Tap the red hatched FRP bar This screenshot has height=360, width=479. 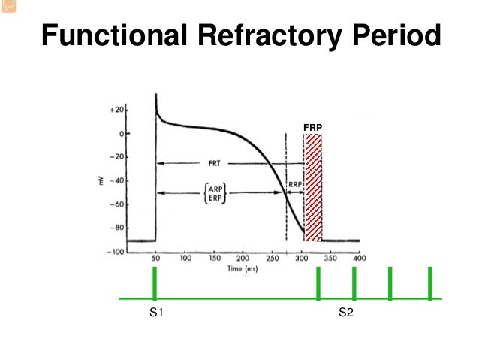tap(313, 188)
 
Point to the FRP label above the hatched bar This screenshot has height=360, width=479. tap(312, 128)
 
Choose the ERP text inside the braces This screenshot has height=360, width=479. tap(214, 198)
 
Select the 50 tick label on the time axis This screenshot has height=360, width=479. tap(156, 259)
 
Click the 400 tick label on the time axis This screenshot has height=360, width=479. tap(359, 259)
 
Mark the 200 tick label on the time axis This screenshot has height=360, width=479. tap(243, 259)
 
